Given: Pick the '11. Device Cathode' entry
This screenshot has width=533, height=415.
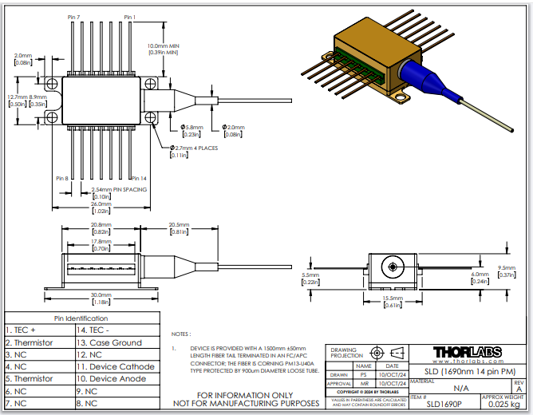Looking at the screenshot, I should click(x=116, y=366).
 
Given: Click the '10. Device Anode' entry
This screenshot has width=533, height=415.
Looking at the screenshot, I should click(x=113, y=379).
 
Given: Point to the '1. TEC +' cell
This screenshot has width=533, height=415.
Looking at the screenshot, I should click(x=25, y=329).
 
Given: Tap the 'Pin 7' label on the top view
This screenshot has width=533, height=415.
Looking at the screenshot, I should click(x=73, y=17).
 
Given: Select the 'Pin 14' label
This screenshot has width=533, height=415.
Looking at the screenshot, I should click(x=138, y=178).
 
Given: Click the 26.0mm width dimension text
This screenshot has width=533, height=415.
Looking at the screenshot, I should click(x=101, y=204).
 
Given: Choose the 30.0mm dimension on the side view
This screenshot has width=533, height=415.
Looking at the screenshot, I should click(x=101, y=295).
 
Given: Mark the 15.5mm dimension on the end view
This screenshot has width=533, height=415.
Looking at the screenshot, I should click(x=393, y=298).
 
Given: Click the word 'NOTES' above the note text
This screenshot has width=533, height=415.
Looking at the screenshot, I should click(x=180, y=334).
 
